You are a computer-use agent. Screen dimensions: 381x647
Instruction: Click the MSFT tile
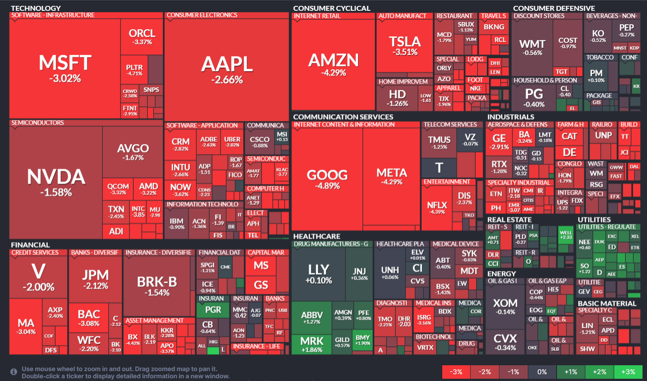[x=65, y=68]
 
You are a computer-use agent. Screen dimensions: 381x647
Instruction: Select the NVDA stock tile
[x=56, y=182]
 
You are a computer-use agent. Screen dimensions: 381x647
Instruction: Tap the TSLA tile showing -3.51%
[x=404, y=45]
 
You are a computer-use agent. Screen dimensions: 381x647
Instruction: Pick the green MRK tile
[x=312, y=344]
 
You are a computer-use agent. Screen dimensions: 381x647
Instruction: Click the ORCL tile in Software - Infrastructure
[x=142, y=36]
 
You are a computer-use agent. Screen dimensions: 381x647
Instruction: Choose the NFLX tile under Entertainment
[x=437, y=208]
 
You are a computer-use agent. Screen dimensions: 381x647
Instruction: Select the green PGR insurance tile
[x=213, y=310]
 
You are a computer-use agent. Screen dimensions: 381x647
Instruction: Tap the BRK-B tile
[x=157, y=286]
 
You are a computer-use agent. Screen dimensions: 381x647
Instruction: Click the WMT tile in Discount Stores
[x=532, y=47]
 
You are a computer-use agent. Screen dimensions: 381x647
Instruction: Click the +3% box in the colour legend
[x=628, y=372]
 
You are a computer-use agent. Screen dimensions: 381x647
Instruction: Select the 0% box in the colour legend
[x=542, y=372]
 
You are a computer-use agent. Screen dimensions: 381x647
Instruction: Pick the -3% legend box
[x=456, y=372]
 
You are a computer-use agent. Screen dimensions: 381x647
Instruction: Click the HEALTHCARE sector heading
[x=317, y=237]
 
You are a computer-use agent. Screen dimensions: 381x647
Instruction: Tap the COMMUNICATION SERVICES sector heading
[x=343, y=117]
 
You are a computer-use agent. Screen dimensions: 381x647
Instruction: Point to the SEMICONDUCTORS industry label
[x=38, y=123]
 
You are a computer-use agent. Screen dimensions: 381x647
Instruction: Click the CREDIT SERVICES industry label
[x=35, y=253]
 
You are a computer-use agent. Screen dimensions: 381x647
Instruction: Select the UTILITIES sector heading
[x=594, y=220]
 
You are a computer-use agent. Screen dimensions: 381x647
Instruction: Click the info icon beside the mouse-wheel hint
[x=14, y=372]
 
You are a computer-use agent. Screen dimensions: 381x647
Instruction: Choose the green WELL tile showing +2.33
[x=566, y=235]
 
